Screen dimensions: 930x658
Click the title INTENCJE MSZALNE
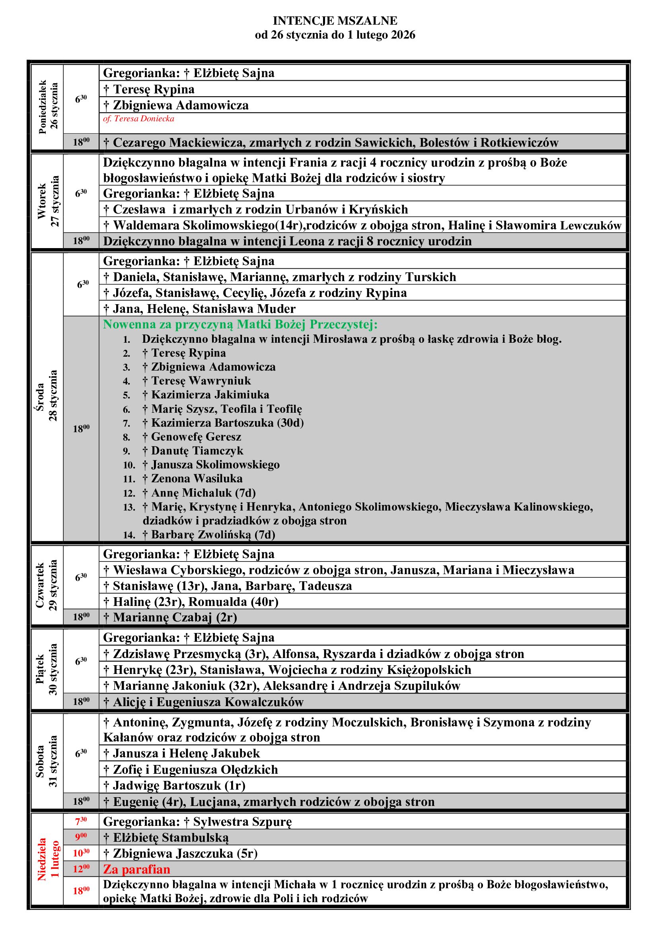[x=335, y=21]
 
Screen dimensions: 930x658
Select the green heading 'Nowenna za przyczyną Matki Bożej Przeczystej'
[x=240, y=324]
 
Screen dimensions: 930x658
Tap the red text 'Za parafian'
[x=136, y=869]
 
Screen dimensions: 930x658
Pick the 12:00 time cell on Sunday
[x=81, y=869]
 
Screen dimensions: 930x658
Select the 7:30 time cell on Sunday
[x=81, y=821]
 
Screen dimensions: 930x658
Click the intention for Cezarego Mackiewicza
[x=331, y=143]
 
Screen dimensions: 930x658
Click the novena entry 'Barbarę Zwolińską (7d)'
[x=209, y=535]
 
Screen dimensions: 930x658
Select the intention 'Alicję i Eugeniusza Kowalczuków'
[x=203, y=702]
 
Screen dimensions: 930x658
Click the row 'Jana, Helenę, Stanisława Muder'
[x=199, y=309]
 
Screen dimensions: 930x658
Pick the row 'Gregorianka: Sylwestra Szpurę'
[x=197, y=822]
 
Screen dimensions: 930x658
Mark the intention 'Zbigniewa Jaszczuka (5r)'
[x=180, y=853]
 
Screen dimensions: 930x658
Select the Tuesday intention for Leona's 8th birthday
[x=287, y=241]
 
